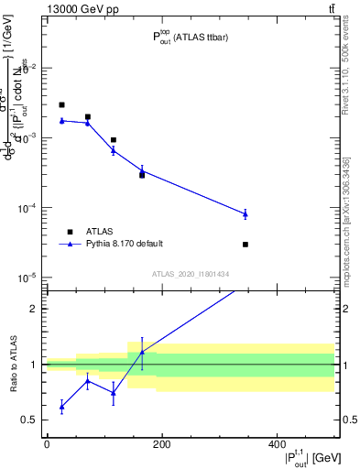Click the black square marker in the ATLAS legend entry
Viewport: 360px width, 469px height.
70,231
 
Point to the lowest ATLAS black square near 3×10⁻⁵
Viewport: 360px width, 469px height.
245,245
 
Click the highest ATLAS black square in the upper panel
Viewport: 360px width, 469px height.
61,105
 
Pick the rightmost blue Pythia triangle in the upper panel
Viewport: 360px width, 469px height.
245,213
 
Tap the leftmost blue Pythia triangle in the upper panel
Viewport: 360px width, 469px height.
61,120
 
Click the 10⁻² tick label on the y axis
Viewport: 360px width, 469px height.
30,69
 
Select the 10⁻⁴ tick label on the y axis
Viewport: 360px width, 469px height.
30,208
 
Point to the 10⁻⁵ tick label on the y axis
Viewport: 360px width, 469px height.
30,278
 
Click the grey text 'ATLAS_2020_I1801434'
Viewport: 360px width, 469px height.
191,274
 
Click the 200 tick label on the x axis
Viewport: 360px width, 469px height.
161,444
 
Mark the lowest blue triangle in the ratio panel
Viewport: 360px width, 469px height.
61,405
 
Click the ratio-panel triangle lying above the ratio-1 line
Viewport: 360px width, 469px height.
142,353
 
